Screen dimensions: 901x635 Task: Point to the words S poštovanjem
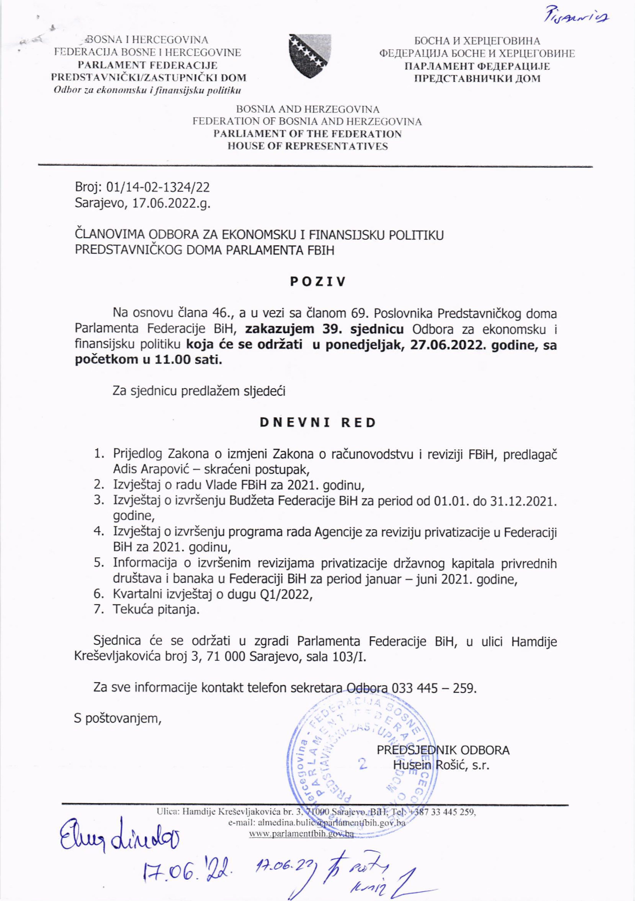point(118,718)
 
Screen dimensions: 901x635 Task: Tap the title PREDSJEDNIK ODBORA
point(443,750)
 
